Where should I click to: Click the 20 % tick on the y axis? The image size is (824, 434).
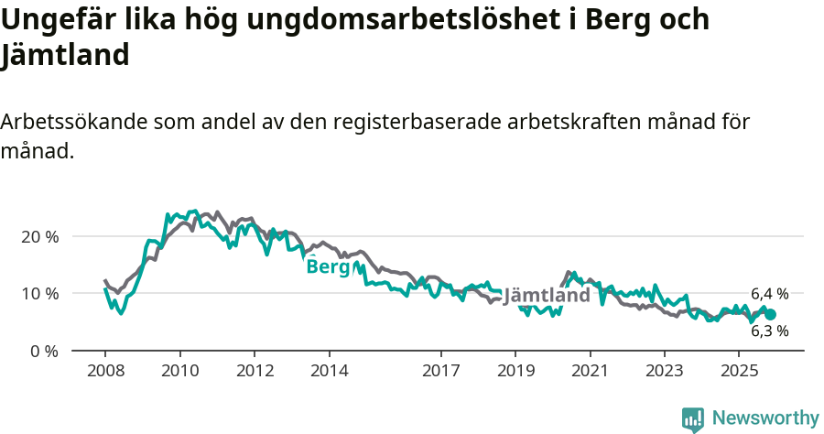tap(38, 236)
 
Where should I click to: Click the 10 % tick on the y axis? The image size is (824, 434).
tap(38, 294)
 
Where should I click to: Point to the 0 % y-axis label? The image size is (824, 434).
tap(42, 351)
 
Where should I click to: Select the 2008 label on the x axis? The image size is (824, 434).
tap(105, 371)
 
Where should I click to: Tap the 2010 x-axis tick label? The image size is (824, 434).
tap(180, 371)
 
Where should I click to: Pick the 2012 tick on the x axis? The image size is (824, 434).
tap(255, 371)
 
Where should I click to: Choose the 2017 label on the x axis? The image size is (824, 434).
tap(441, 371)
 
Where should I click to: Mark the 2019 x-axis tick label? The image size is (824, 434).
tap(515, 371)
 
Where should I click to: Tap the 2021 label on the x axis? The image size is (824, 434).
tap(591, 371)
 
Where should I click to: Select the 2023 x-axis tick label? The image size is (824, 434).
tap(665, 371)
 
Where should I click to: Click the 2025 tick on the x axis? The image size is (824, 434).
tap(739, 371)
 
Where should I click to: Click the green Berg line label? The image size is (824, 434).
tap(328, 266)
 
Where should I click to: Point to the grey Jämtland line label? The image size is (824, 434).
tap(547, 296)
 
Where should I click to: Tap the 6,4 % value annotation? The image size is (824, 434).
tap(769, 294)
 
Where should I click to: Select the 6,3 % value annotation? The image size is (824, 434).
tap(769, 331)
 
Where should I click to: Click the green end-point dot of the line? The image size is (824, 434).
tap(770, 314)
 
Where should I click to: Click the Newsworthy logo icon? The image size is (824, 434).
tap(693, 418)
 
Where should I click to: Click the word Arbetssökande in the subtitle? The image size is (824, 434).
tap(71, 122)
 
